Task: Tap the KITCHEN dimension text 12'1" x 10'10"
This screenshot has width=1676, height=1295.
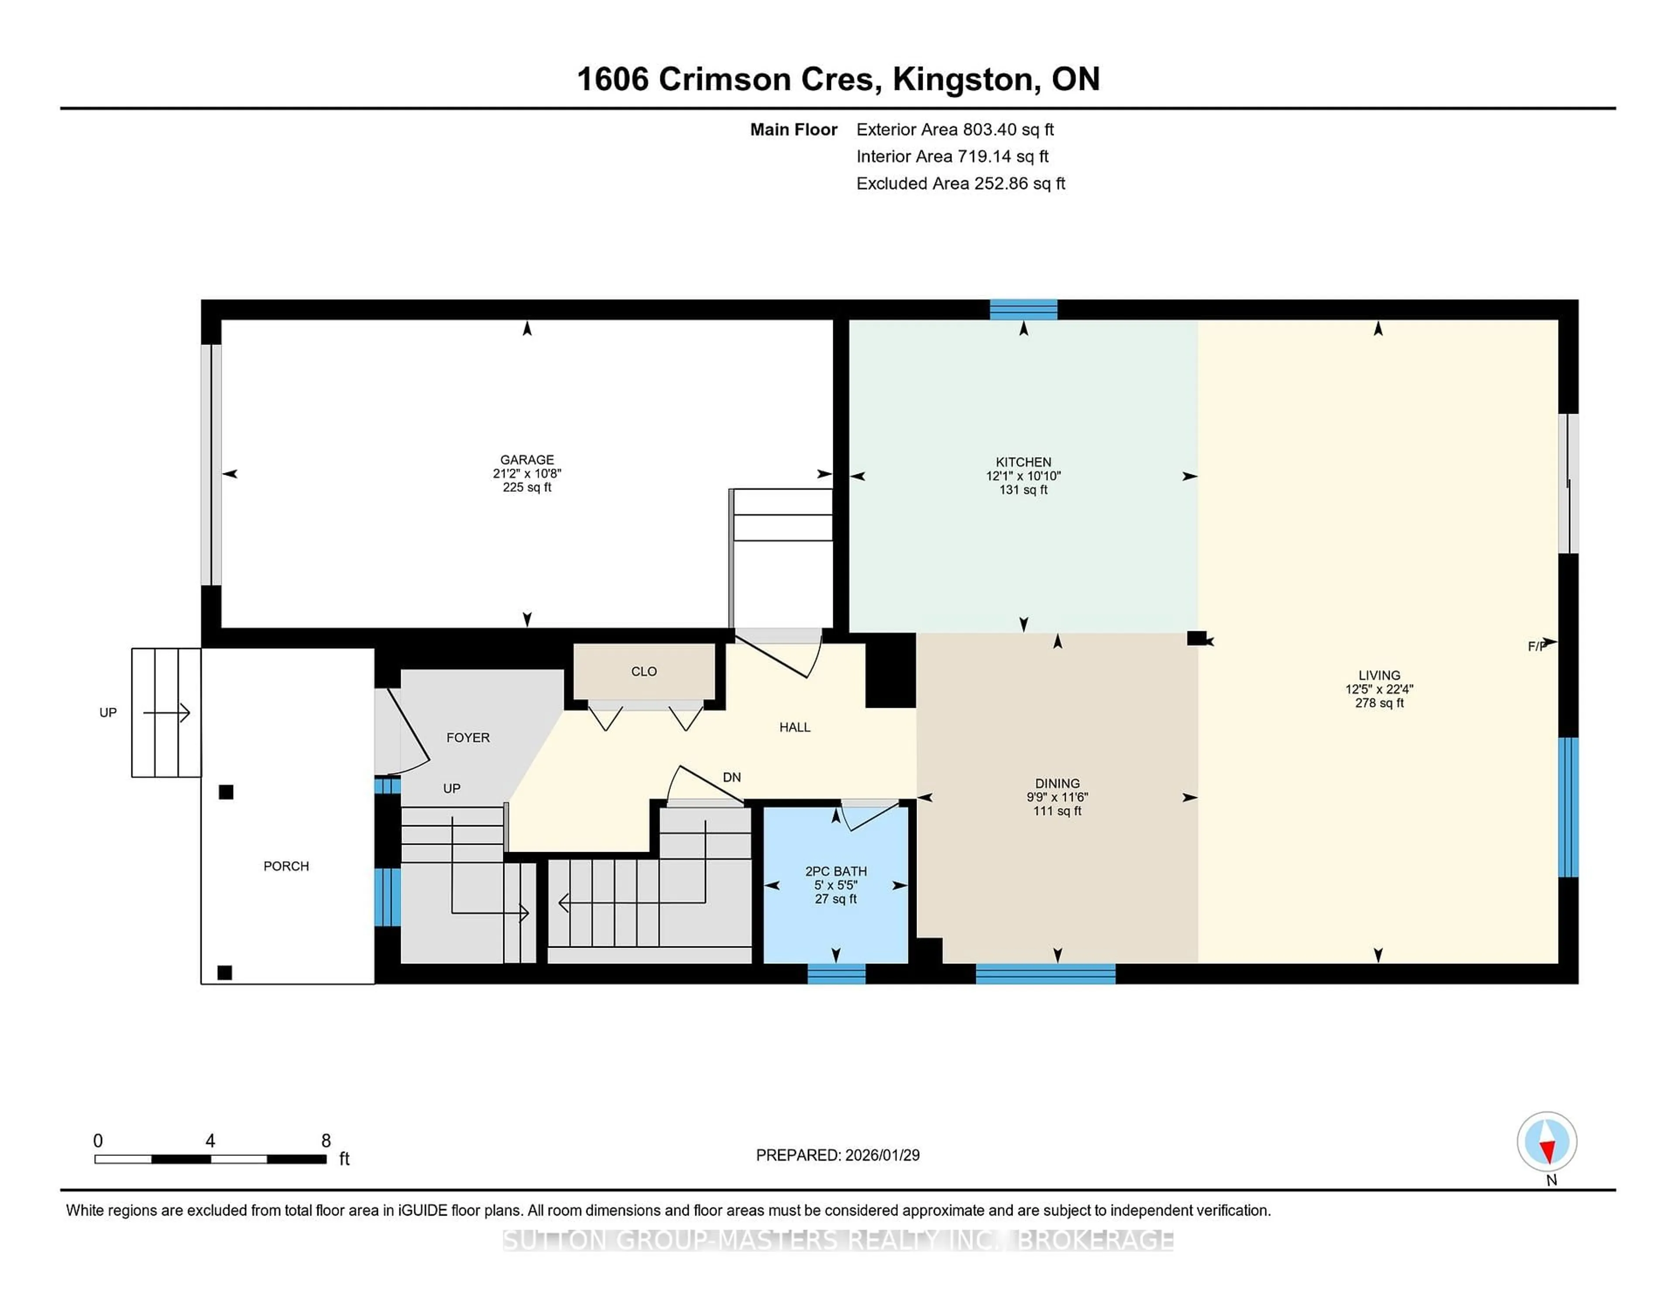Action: (x=1023, y=476)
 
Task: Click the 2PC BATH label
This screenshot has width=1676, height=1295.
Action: (x=836, y=871)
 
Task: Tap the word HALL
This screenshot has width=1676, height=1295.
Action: (x=794, y=727)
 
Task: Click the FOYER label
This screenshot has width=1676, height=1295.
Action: (x=467, y=737)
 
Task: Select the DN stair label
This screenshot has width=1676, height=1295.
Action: (x=732, y=777)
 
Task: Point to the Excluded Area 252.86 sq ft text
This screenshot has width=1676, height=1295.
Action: (x=960, y=183)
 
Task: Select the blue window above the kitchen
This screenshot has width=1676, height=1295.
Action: (x=1023, y=309)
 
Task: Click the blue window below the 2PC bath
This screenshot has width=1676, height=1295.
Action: (x=836, y=973)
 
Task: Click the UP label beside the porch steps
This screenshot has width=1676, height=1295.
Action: (x=108, y=713)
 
